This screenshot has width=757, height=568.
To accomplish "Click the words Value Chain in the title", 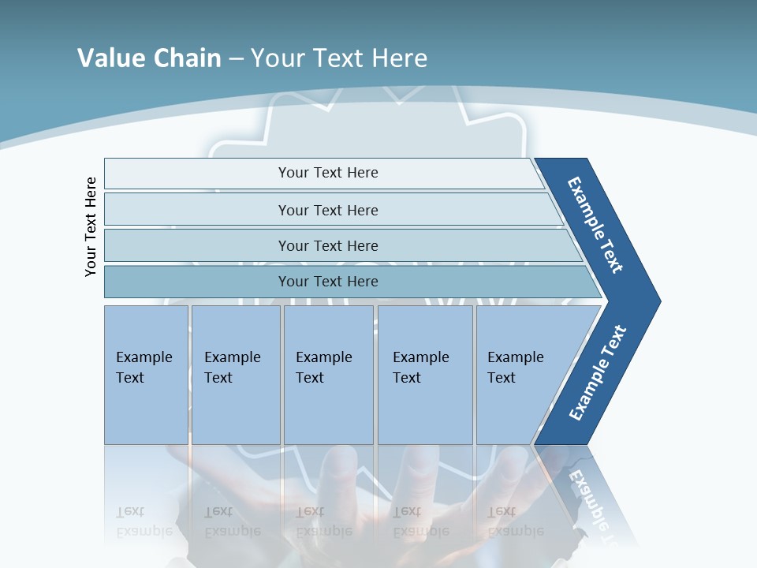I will [149, 58].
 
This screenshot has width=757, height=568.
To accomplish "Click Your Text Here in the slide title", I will [339, 58].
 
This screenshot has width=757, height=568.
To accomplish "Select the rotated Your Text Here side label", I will [91, 226].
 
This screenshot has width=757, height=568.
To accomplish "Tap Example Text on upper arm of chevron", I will [595, 225].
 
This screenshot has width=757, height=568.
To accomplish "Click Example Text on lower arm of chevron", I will [597, 372].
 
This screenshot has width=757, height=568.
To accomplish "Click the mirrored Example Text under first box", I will [144, 521].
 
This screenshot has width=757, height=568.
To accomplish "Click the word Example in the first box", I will [144, 357].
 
